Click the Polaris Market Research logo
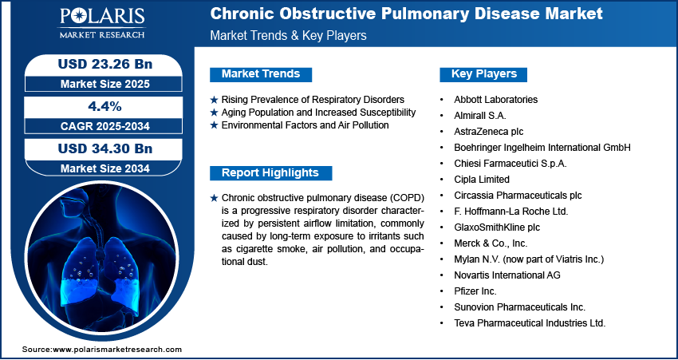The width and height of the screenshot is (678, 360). coord(102,22)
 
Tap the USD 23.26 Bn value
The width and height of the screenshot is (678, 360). coord(105,65)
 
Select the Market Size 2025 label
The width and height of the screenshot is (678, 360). coord(105,84)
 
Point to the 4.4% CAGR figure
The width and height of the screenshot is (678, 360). coord(105,106)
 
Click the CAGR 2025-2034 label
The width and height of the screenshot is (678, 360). coord(105,126)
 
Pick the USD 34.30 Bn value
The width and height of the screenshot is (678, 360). coord(105,148)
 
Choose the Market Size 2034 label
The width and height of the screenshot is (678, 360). coord(105,168)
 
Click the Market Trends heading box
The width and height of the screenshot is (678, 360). coord(261,74)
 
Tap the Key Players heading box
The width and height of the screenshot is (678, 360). coord(484,74)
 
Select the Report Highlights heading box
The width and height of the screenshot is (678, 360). coord(270,173)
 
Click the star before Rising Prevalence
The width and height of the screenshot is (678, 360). coord(214,100)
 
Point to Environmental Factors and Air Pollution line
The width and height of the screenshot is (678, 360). coord(305,125)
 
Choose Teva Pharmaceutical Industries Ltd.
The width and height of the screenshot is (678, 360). coord(530,322)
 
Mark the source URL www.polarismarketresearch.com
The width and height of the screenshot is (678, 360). coord(117,349)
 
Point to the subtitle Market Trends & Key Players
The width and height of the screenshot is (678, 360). coord(289,35)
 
